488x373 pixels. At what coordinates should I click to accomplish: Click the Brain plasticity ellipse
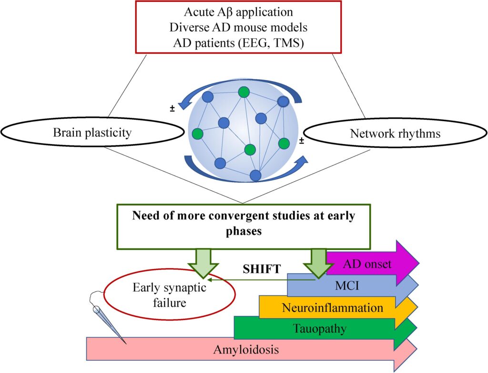[92, 133]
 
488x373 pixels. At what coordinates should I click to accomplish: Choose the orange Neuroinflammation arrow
[332, 308]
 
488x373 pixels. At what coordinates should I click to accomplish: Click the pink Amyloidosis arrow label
[245, 350]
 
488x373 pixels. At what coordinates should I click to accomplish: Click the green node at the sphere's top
[244, 92]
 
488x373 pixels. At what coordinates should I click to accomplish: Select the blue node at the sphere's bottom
[256, 176]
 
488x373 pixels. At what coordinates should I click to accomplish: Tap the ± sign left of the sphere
[172, 109]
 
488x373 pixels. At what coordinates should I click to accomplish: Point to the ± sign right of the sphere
[302, 140]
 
